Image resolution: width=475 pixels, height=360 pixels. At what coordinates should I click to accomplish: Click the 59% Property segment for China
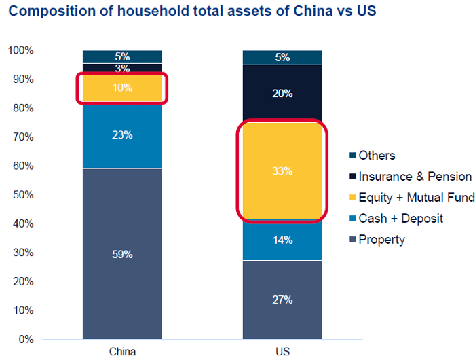pos(122,253)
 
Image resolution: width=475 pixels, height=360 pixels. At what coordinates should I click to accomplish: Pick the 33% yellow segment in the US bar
pos(282,171)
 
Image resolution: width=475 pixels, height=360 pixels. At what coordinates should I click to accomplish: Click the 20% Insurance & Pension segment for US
pos(282,94)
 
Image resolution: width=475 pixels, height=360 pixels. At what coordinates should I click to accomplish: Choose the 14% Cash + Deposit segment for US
pos(282,240)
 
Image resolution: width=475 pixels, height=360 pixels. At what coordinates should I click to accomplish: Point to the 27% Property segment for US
pos(282,300)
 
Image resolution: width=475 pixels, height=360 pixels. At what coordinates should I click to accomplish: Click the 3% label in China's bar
pos(122,69)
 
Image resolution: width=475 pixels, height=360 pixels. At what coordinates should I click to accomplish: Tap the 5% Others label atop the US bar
pos(282,57)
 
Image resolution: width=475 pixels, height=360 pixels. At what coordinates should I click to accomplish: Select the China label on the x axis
pos(122,351)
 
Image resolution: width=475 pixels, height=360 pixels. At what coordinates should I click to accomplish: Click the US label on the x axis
pos(282,351)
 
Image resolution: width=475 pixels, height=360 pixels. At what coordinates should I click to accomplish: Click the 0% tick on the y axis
pos(25,339)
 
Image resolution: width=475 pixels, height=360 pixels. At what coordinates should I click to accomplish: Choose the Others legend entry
pos(377,156)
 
